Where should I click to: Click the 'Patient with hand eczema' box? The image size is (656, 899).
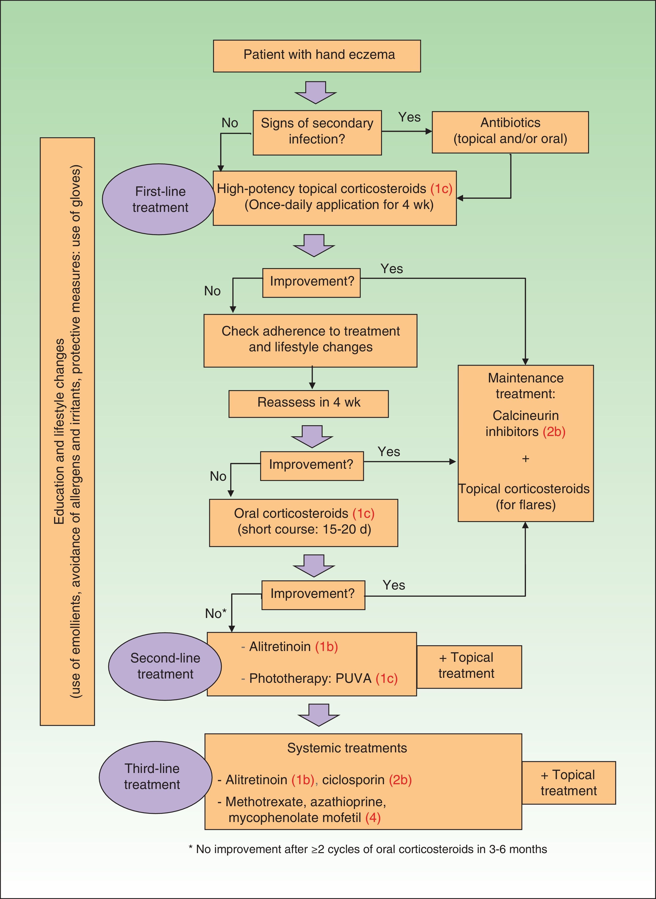point(317,56)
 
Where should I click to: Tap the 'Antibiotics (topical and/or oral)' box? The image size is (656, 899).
point(510,132)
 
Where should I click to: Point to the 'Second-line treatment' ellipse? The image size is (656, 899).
point(165,666)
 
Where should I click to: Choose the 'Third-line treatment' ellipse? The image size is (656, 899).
point(155,777)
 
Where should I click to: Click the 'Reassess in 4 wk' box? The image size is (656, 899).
point(309,403)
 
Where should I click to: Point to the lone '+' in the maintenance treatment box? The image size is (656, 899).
point(526,459)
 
